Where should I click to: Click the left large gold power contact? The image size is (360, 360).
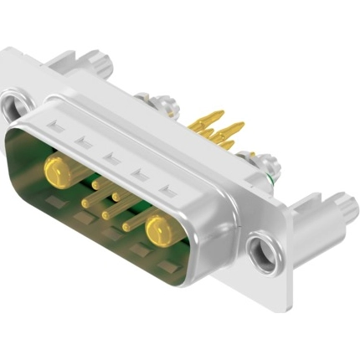[56, 172]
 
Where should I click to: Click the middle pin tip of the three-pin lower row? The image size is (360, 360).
[105, 215]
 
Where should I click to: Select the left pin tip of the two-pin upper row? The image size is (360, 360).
[95, 180]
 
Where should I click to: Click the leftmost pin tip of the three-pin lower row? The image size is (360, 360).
[85, 203]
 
